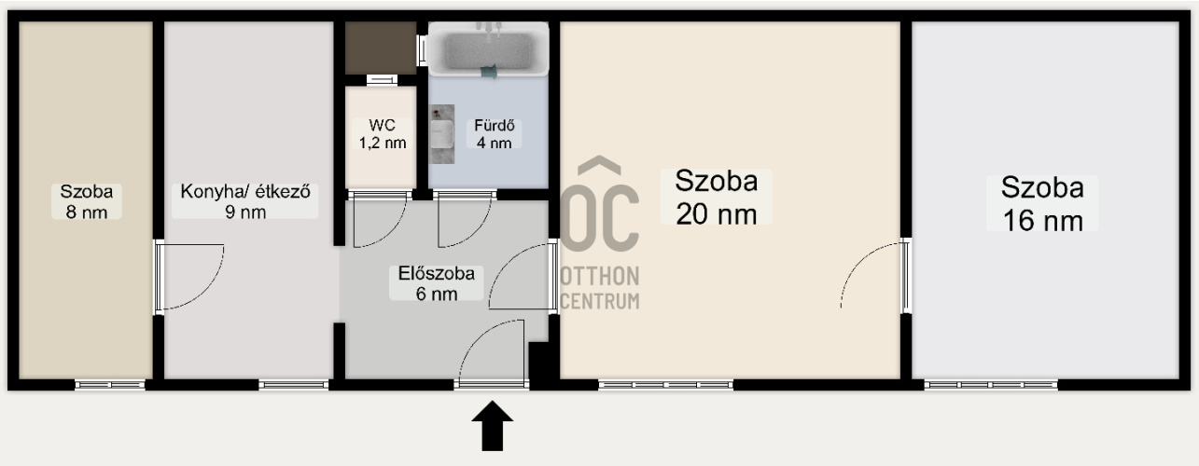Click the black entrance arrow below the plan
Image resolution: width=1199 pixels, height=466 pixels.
click(492, 426)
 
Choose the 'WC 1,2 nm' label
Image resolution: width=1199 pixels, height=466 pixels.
click(382, 133)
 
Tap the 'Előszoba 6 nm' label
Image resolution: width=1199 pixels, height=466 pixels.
click(436, 283)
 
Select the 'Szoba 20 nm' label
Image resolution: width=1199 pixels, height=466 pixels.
click(716, 196)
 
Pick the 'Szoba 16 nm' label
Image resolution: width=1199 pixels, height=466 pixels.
click(1041, 202)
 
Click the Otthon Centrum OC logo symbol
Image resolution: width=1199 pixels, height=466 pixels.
click(600, 210)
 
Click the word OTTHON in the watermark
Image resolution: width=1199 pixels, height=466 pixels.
click(600, 277)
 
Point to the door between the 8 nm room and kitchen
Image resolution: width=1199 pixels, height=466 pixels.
click(187, 276)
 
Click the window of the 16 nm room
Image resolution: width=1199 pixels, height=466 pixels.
click(990, 384)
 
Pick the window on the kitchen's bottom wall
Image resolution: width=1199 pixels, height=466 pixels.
click(293, 384)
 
